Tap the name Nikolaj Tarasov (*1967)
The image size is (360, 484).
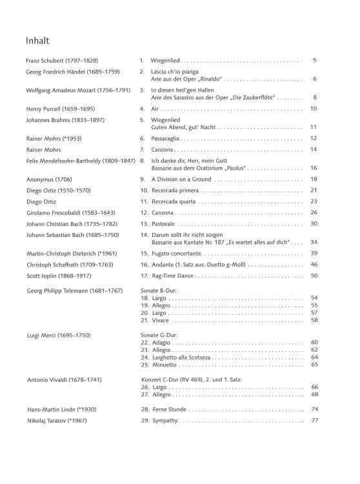(x=60, y=421)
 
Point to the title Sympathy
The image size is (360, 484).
(x=165, y=421)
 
